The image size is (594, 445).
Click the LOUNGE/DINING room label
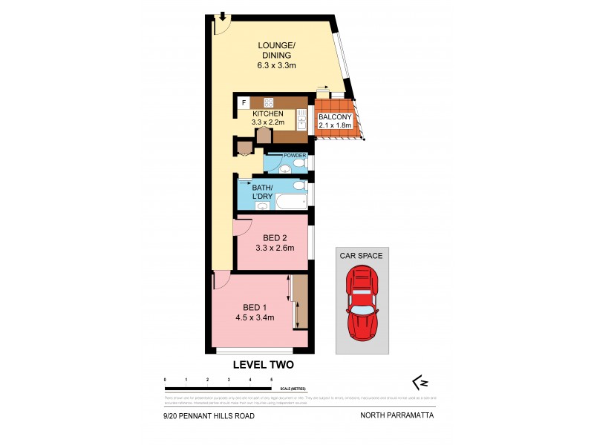[x=276, y=55]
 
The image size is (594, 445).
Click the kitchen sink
[x=301, y=118]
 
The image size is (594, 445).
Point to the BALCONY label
[x=333, y=121]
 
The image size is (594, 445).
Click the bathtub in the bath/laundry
[x=293, y=202]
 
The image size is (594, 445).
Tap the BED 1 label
[x=255, y=308]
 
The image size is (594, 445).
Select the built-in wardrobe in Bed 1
[x=300, y=302]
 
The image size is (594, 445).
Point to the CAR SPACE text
[x=362, y=256]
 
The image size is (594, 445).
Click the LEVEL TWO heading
[x=264, y=364]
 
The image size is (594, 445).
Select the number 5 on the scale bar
[x=272, y=380]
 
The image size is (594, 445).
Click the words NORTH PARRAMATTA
[x=397, y=416]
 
